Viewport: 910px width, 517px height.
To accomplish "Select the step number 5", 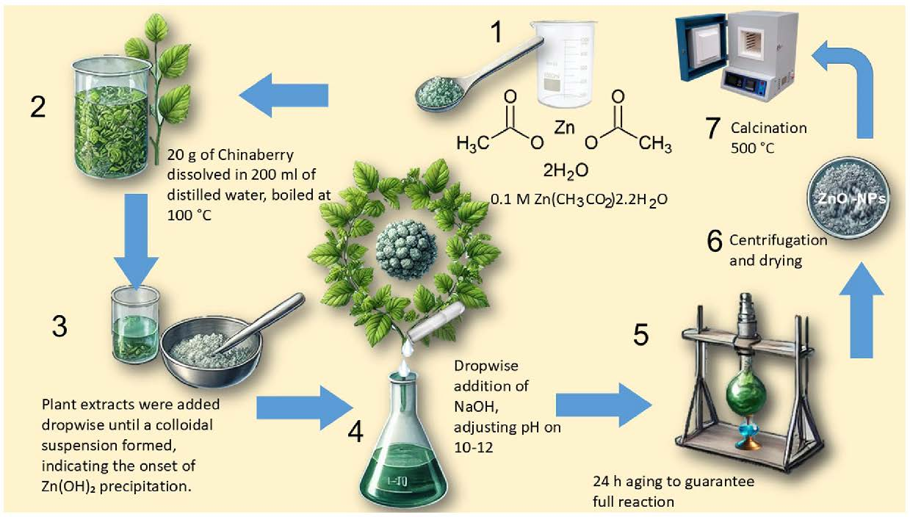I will point(640,335).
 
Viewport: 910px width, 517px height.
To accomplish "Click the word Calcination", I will point(768,128).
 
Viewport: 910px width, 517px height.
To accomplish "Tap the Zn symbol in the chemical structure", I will point(564,129).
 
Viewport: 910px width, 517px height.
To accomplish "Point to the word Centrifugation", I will point(778,241).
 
